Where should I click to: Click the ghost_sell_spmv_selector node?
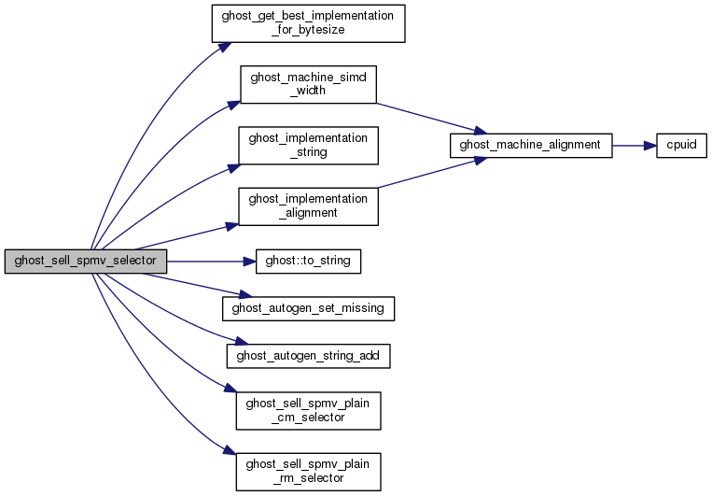[86, 262]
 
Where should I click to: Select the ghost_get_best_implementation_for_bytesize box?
[308, 21]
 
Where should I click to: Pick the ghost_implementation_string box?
[308, 145]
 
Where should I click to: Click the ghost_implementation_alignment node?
[308, 205]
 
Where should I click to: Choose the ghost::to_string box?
[308, 262]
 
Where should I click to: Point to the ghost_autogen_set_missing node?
[308, 305]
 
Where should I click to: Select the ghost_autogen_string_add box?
[308, 355]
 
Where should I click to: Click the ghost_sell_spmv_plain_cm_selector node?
[308, 409]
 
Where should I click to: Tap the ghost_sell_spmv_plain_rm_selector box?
[308, 470]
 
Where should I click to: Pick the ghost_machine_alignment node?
[530, 146]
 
